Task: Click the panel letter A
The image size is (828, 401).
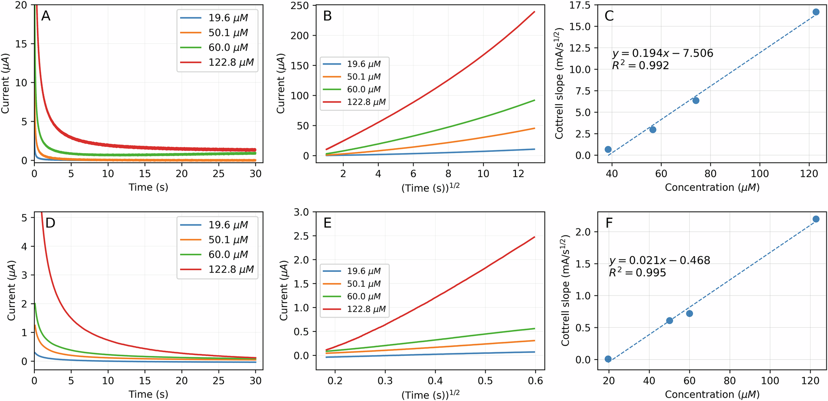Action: [46, 16]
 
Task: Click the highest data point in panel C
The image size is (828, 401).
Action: [816, 12]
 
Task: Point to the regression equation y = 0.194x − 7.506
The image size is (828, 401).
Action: [662, 53]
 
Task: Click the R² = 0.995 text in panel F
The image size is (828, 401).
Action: [637, 273]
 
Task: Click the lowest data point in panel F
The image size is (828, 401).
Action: [608, 359]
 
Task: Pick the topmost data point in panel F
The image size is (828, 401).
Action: [816, 219]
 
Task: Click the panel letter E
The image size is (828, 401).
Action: [327, 223]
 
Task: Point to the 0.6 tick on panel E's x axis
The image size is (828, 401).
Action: [535, 381]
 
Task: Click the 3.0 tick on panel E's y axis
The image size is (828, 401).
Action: [301, 212]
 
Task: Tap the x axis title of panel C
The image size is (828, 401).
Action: [712, 187]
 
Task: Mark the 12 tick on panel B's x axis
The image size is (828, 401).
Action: [518, 174]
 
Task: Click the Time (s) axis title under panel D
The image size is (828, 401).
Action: [148, 394]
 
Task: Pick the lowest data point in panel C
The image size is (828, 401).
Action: [608, 149]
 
